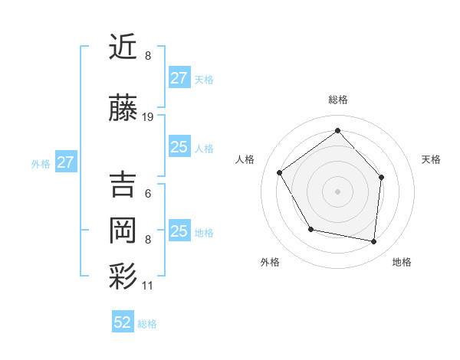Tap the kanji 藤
[123, 110]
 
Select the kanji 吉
[123, 185]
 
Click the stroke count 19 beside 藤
[148, 117]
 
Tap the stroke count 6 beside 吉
[147, 193]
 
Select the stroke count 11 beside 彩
[148, 286]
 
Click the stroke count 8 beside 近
[147, 56]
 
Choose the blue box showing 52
[123, 322]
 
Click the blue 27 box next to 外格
[65, 162]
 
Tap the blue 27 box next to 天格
[179, 78]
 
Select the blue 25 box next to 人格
[179, 147]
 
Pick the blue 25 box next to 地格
[179, 231]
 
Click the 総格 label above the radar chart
[338, 100]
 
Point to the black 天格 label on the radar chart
[431, 159]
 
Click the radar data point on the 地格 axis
[373, 241]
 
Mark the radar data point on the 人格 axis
[280, 173]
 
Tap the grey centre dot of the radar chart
[337, 191]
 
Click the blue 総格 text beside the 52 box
[147, 324]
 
